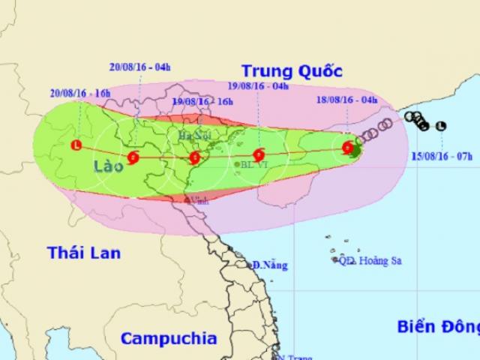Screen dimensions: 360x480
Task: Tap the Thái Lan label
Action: coord(85,253)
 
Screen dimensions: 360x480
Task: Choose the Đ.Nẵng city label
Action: coord(270,265)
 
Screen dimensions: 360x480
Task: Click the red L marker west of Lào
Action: coord(76,145)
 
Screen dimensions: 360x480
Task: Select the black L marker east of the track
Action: coord(441,125)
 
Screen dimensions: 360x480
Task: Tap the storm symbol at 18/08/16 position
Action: coord(348,148)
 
